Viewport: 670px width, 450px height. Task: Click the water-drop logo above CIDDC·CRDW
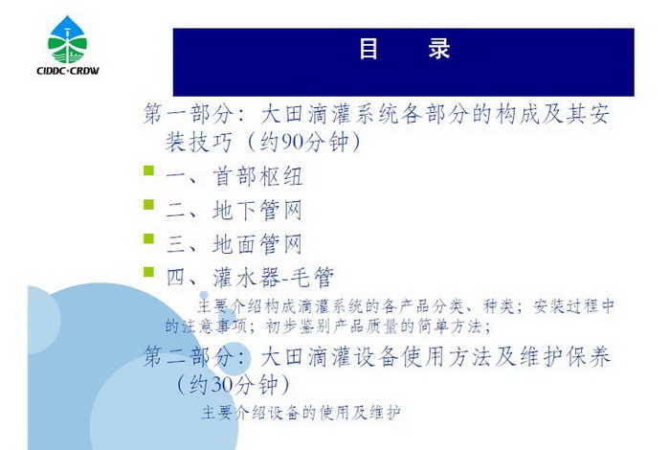tap(68, 40)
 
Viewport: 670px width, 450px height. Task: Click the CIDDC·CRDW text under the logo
tap(68, 71)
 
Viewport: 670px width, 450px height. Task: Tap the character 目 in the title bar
tap(368, 49)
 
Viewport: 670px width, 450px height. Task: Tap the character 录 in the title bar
tap(439, 49)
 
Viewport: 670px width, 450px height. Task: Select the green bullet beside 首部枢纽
tap(148, 171)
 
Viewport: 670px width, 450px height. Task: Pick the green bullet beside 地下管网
tap(148, 204)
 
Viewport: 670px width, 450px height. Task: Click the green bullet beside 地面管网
tap(148, 238)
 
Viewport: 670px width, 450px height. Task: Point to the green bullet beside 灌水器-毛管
tap(148, 272)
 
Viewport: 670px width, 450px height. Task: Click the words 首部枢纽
tap(257, 176)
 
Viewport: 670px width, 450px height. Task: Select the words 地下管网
tap(257, 211)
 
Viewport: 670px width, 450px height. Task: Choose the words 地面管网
tap(257, 244)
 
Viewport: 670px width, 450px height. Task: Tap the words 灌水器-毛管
tap(274, 278)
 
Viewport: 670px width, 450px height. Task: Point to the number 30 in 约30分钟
tap(223, 385)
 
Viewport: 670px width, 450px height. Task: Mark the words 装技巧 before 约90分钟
tap(199, 142)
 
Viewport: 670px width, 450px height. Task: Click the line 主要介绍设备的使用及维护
tap(301, 413)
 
